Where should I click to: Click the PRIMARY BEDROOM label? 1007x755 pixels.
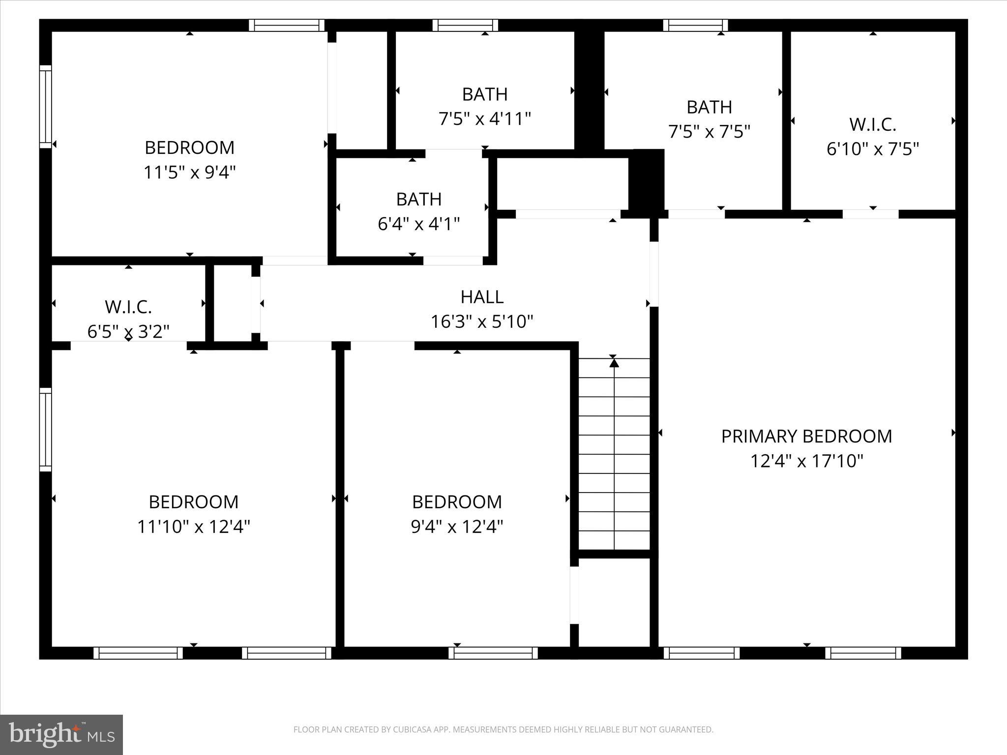[806, 436]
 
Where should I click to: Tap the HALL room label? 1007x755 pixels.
[482, 297]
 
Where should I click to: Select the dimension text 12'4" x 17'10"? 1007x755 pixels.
[806, 461]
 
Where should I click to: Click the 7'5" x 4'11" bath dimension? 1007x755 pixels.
[485, 119]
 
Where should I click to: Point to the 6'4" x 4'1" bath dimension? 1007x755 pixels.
[418, 224]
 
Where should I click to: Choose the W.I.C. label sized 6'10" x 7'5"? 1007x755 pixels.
[873, 124]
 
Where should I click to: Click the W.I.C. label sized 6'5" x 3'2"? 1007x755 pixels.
[128, 307]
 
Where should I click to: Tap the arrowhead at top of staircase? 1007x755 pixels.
[614, 363]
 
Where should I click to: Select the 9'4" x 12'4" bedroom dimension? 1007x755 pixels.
[457, 527]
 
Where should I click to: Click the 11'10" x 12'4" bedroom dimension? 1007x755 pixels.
[194, 527]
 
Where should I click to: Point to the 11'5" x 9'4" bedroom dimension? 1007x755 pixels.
[190, 173]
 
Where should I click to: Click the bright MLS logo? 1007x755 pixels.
[61, 734]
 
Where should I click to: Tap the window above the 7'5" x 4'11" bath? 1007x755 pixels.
[465, 25]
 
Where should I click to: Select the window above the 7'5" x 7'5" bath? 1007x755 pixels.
[695, 25]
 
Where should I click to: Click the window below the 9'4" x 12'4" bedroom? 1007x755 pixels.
[493, 653]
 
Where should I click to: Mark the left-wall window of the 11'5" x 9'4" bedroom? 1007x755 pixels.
[45, 107]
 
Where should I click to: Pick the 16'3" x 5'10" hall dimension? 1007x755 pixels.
[482, 322]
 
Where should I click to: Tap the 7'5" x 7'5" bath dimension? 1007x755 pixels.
[709, 132]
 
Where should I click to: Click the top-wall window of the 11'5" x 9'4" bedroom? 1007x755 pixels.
[287, 25]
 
